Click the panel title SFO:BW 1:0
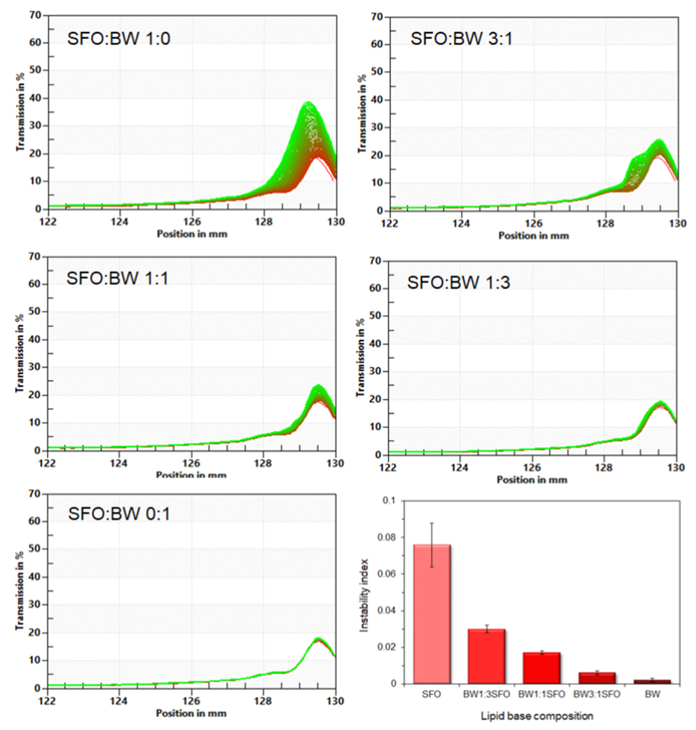pyautogui.click(x=118, y=39)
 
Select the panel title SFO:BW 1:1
pyautogui.click(x=117, y=278)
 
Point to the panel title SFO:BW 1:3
pyautogui.click(x=459, y=283)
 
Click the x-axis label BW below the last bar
pyautogui.click(x=652, y=694)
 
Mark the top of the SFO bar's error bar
pyautogui.click(x=432, y=523)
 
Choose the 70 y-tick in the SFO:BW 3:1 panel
pyautogui.click(x=377, y=17)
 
